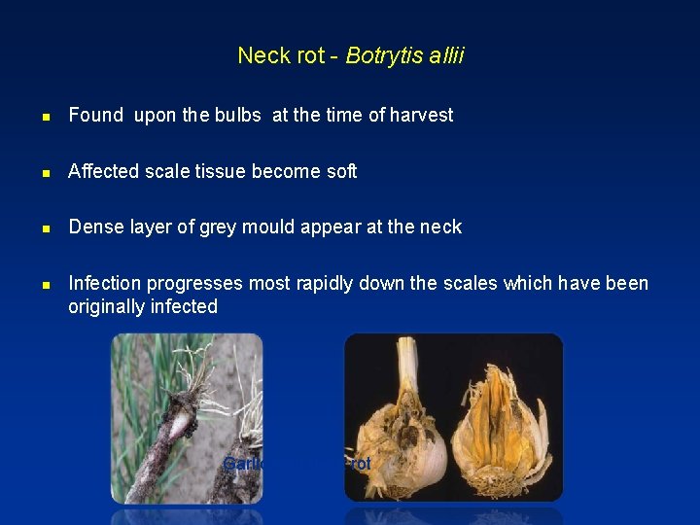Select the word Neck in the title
(258, 56)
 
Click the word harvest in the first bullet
(422, 116)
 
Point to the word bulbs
(238, 116)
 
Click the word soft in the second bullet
(341, 172)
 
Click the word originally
(106, 307)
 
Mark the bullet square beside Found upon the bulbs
(46, 117)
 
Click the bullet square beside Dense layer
(46, 228)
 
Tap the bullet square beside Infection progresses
(46, 285)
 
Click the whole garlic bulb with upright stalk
(403, 428)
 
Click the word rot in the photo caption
(361, 465)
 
